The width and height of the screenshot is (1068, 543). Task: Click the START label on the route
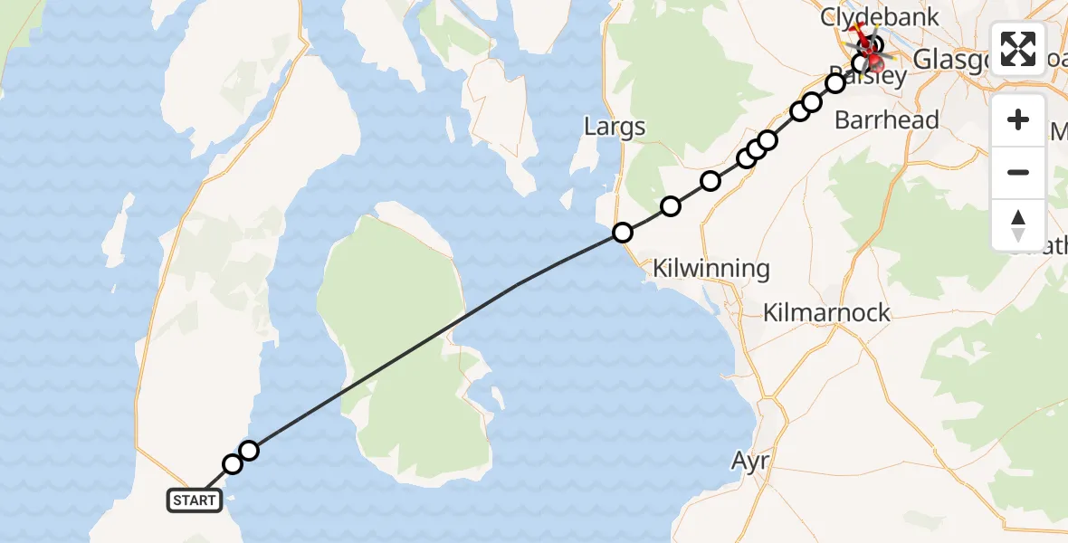coord(195,500)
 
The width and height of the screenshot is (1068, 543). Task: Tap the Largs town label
coord(615,126)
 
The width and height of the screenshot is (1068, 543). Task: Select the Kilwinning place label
coord(711,268)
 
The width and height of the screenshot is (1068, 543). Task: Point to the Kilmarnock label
coord(827,313)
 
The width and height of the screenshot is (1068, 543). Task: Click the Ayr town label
coord(750,462)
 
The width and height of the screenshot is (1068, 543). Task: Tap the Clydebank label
coord(867,16)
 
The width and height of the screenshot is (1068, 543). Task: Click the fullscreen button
coord(1018,49)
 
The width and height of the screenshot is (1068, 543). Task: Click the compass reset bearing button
coord(1018,224)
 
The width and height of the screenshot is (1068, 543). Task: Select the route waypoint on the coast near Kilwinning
coord(623,233)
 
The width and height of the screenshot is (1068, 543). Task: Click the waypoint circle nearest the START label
coord(233,464)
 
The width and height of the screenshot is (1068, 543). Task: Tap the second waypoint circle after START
coord(249,451)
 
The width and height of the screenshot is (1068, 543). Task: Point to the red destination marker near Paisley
coord(874,62)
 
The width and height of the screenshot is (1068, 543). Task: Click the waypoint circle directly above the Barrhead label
coord(834,83)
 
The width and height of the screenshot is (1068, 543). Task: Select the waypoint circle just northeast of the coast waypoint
coord(671,206)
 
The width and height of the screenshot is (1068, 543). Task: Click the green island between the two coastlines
coord(398,362)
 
